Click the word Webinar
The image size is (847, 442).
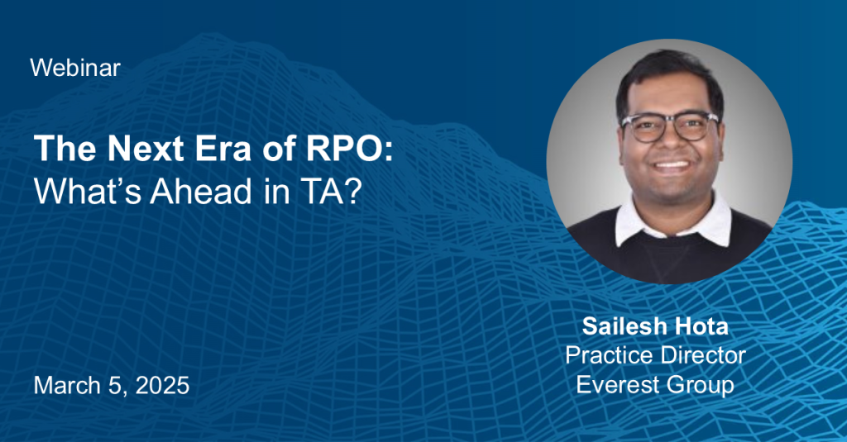click(x=75, y=69)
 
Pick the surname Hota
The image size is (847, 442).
click(x=702, y=326)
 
